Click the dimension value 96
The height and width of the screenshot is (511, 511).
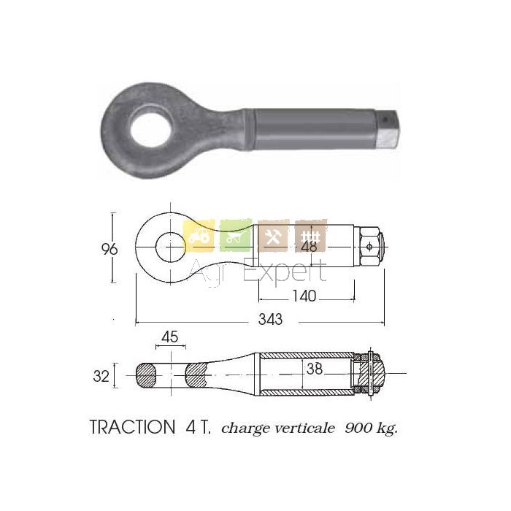tap(109, 250)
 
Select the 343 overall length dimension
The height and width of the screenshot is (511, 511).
tap(270, 320)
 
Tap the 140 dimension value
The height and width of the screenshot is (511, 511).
tap(304, 296)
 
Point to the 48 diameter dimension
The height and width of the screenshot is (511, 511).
tap(310, 247)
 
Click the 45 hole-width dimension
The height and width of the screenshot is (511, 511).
tap(170, 337)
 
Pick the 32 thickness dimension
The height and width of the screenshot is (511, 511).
tap(101, 376)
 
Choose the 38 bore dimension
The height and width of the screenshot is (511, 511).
tap(315, 369)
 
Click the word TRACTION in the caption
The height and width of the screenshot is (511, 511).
tap(132, 427)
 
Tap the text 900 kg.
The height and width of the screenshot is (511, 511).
tap(371, 428)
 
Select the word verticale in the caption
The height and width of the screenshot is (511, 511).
tap(304, 428)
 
